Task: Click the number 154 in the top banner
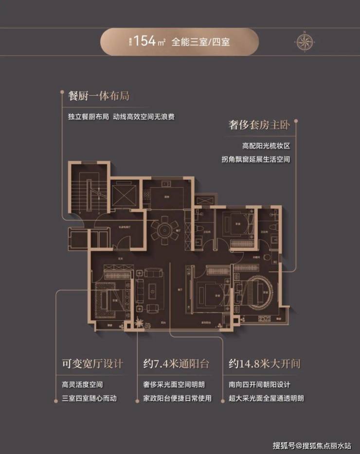(144, 41)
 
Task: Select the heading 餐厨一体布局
(99, 96)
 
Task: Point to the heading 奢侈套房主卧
(259, 125)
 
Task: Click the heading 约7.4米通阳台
(176, 364)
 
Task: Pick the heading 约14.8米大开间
(263, 364)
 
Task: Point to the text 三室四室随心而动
(90, 398)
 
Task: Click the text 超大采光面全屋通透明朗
(267, 398)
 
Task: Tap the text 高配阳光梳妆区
(269, 145)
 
